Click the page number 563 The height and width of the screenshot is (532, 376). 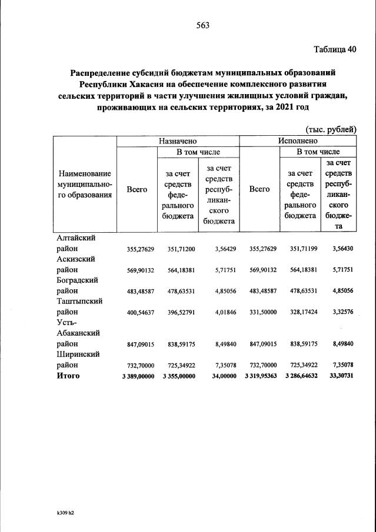tap(202, 25)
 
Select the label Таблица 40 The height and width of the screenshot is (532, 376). tap(335, 49)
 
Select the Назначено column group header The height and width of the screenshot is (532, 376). tap(177, 141)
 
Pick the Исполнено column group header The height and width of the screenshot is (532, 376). tap(298, 141)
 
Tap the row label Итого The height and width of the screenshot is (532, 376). tap(68, 375)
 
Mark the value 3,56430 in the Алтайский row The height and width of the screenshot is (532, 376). tap(340, 249)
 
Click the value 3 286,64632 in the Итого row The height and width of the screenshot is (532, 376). tap(301, 376)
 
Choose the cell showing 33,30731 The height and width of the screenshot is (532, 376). tap(340, 376)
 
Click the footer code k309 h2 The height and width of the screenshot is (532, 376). tap(61, 512)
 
